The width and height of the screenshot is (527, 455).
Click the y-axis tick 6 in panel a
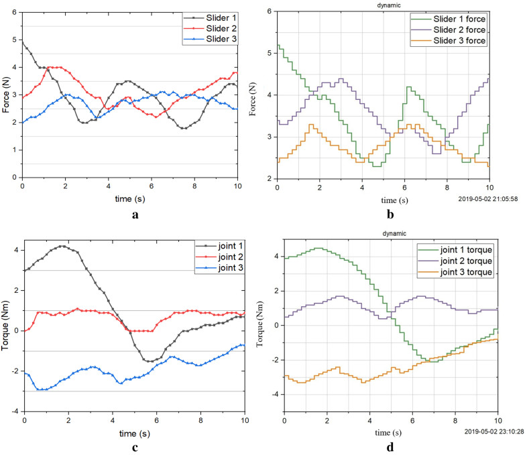click(14, 11)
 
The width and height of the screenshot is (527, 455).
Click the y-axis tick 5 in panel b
click(269, 53)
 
